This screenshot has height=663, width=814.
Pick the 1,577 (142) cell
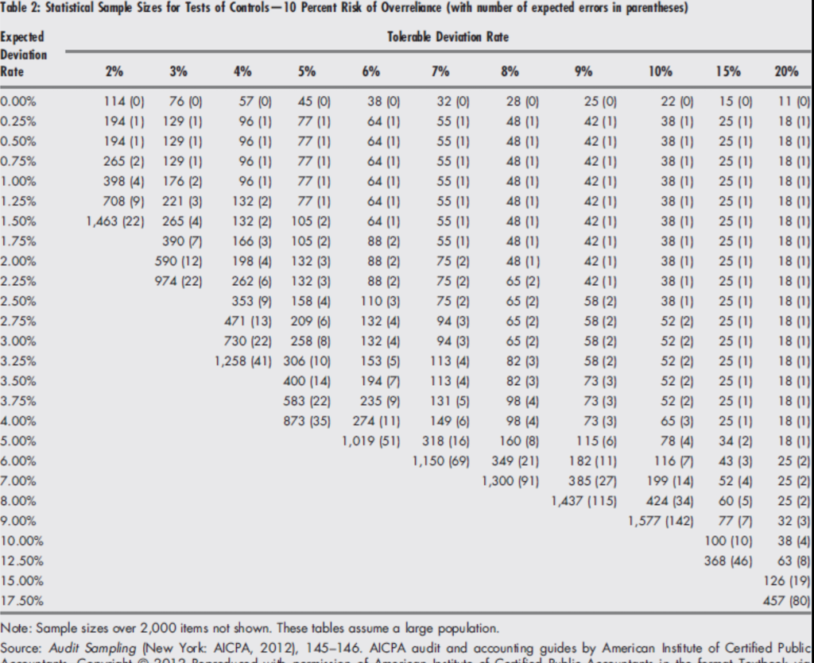pyautogui.click(x=660, y=521)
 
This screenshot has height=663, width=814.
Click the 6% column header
pyautogui.click(x=370, y=71)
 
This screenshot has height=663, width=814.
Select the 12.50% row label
pyautogui.click(x=21, y=561)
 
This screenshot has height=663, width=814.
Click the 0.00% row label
pyautogui.click(x=19, y=102)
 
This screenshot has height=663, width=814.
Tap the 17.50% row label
pyautogui.click(x=21, y=600)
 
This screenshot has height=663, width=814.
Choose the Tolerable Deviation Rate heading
pyautogui.click(x=448, y=37)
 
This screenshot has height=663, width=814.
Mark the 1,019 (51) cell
pyautogui.click(x=370, y=441)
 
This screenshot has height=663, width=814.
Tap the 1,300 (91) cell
pyautogui.click(x=510, y=481)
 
